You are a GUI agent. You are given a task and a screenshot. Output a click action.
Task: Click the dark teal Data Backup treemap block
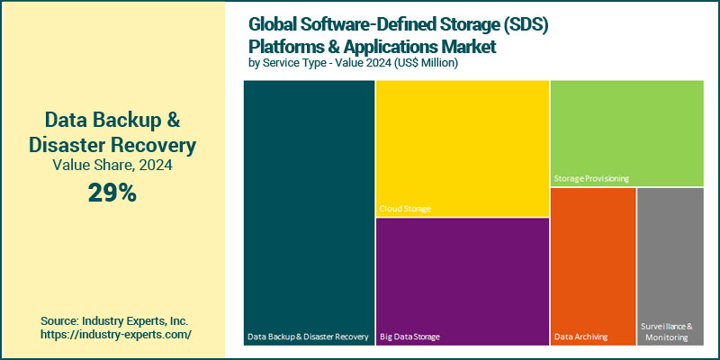309,207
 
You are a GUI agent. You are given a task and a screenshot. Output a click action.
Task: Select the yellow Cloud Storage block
462,144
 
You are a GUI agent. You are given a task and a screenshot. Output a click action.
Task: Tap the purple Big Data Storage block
462,279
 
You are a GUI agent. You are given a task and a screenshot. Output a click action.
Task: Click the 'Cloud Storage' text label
405,209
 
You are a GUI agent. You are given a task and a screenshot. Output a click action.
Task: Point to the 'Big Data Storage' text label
410,337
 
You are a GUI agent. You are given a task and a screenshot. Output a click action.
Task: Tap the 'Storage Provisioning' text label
591,179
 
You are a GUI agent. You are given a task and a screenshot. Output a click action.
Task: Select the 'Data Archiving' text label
580,337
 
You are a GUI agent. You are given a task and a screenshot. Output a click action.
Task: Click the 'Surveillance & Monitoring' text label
666,331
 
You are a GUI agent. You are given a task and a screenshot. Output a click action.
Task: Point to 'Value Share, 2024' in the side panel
112,165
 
